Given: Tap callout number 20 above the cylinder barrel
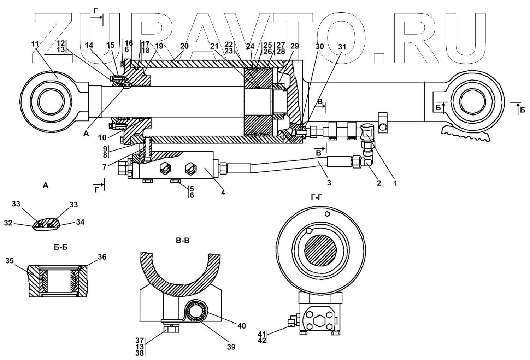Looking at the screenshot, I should [x=184, y=46].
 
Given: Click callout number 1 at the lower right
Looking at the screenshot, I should [x=395, y=183].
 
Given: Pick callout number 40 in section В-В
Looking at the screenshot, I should [x=242, y=326].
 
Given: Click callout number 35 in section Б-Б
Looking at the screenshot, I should [x=10, y=261].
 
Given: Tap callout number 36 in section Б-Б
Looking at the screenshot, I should [x=102, y=257].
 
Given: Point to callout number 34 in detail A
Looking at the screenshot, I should [x=80, y=222].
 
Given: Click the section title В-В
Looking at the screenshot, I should [x=183, y=241].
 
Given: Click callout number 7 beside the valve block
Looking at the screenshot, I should [x=104, y=166].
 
